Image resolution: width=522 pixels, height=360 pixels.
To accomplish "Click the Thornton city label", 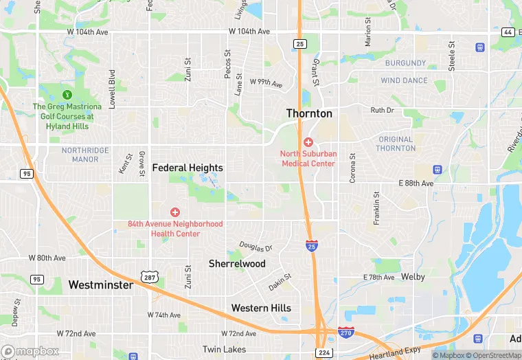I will click(309, 113).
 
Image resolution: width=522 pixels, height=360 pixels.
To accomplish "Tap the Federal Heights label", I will click(188, 168).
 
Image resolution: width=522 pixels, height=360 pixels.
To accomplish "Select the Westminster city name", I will click(100, 284).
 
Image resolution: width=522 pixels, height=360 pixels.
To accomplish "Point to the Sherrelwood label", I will click(237, 264).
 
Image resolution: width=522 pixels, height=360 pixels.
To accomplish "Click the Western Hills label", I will click(261, 308).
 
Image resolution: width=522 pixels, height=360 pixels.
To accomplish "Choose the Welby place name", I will click(412, 277).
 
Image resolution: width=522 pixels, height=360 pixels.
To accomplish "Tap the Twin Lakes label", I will click(224, 350).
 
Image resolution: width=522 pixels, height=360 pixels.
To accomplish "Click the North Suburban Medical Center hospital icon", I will click(308, 142).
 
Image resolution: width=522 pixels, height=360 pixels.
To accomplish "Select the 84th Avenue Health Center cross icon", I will click(175, 212).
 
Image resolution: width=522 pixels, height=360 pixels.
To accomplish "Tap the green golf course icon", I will click(67, 94).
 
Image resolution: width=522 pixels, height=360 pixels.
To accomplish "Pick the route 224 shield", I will click(324, 352).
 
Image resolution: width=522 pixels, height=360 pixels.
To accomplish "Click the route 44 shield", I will click(508, 32).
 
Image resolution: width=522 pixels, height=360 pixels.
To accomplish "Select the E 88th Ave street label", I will click(416, 183).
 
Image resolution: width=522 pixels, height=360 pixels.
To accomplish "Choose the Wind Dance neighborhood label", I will click(405, 80).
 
